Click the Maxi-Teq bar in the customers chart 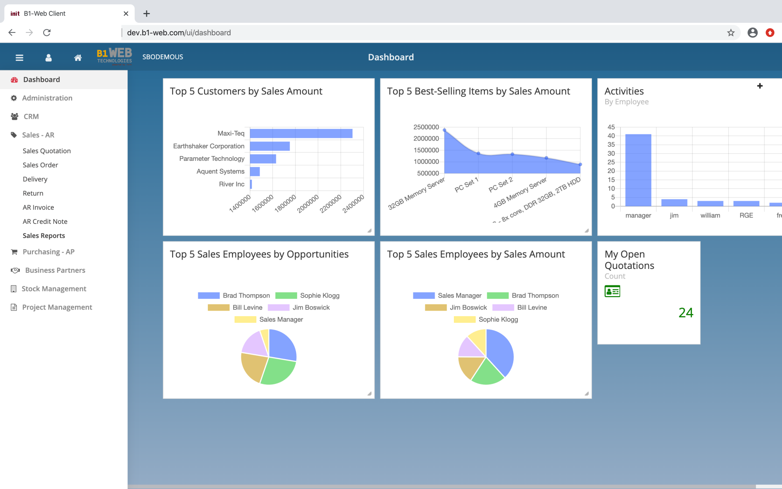pyautogui.click(x=301, y=133)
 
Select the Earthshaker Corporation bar pyautogui.click(x=270, y=146)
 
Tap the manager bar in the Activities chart pyautogui.click(x=638, y=170)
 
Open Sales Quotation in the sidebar pyautogui.click(x=47, y=151)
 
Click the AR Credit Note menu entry pyautogui.click(x=45, y=222)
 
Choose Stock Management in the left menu pyautogui.click(x=54, y=289)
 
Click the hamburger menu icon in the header pyautogui.click(x=19, y=58)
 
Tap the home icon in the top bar pyautogui.click(x=78, y=58)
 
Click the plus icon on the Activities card pyautogui.click(x=760, y=86)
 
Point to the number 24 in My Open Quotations pyautogui.click(x=686, y=313)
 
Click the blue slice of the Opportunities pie pyautogui.click(x=282, y=344)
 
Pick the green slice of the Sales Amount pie pyautogui.click(x=487, y=372)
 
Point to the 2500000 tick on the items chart pyautogui.click(x=426, y=127)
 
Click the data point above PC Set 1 pyautogui.click(x=478, y=153)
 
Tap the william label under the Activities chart pyautogui.click(x=710, y=215)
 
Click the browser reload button pyautogui.click(x=47, y=32)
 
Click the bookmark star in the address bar pyautogui.click(x=731, y=33)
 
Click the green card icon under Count pyautogui.click(x=612, y=291)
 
